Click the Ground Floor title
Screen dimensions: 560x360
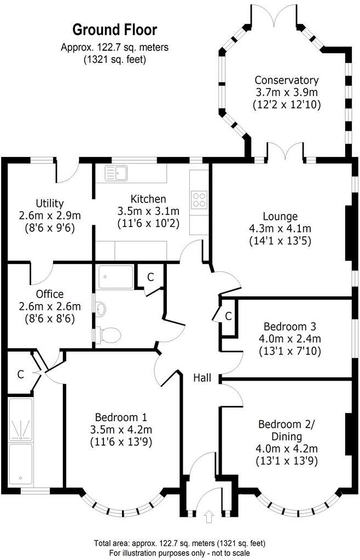click(x=114, y=29)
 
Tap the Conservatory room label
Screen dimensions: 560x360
click(x=287, y=80)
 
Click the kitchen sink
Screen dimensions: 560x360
click(x=118, y=173)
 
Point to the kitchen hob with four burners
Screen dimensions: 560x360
click(x=199, y=200)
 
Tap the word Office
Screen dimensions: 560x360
click(x=50, y=294)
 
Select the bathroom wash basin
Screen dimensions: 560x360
click(x=100, y=310)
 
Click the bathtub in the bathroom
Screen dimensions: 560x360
click(x=115, y=277)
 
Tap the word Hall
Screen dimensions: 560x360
click(x=203, y=377)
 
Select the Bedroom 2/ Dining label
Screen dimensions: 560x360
click(x=287, y=430)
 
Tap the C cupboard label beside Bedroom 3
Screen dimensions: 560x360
click(x=228, y=316)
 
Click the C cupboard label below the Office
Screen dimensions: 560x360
click(x=20, y=375)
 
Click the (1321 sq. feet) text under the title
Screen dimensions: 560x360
click(x=114, y=60)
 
